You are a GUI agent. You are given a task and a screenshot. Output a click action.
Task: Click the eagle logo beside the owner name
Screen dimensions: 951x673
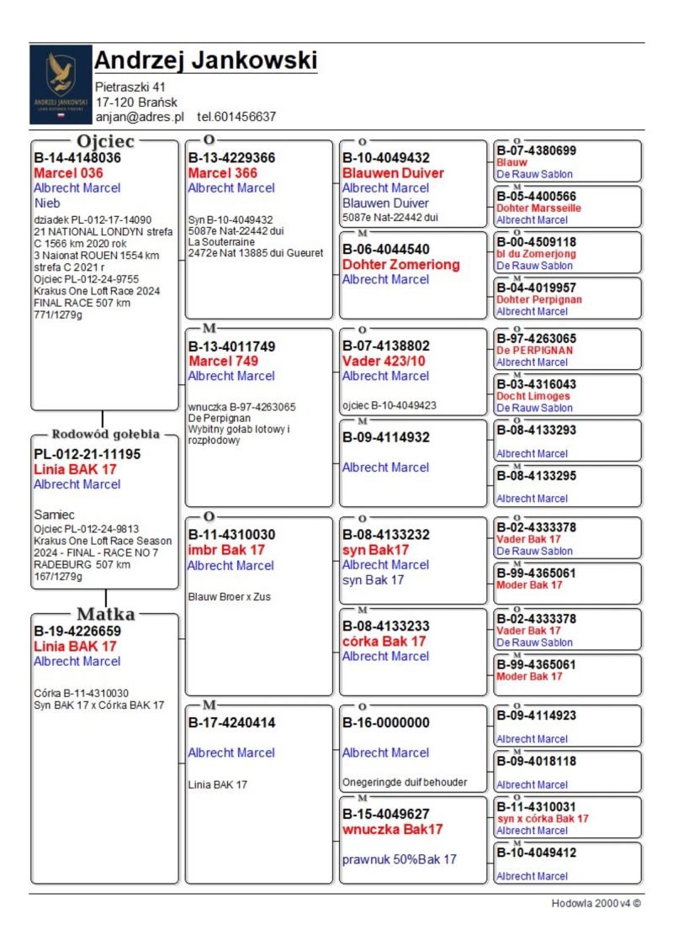point(60,84)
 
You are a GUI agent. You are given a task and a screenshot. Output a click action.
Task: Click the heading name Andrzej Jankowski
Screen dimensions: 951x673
point(205,61)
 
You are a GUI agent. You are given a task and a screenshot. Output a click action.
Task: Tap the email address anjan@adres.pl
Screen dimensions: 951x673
point(139,117)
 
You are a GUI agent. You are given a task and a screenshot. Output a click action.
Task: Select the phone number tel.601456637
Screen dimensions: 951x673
point(236,117)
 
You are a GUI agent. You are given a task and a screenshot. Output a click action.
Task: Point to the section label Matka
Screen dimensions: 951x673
point(105,614)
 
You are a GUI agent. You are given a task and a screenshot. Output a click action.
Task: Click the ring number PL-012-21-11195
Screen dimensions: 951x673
point(87,454)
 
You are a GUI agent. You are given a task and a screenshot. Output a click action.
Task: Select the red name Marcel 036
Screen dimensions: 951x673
point(68,173)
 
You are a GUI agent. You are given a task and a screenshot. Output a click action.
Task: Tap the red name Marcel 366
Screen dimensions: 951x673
point(223,173)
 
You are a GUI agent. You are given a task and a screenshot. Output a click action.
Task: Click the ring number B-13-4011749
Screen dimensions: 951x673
point(231,346)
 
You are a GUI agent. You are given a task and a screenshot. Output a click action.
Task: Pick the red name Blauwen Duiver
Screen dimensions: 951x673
point(393,173)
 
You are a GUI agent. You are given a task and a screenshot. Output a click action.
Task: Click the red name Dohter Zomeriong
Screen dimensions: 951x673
point(401,264)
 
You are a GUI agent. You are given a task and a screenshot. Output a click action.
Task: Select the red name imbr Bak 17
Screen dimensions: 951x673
point(226,550)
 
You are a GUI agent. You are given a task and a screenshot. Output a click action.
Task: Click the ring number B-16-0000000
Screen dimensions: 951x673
point(386,722)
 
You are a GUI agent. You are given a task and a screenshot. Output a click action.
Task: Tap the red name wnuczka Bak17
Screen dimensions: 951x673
point(392,829)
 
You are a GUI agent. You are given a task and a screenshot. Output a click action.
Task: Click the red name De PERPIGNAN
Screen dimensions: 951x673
point(534,351)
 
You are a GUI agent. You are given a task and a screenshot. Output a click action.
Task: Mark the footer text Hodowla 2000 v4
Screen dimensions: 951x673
point(596,903)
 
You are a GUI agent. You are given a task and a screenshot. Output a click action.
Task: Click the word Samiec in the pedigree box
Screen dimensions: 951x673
point(55,514)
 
